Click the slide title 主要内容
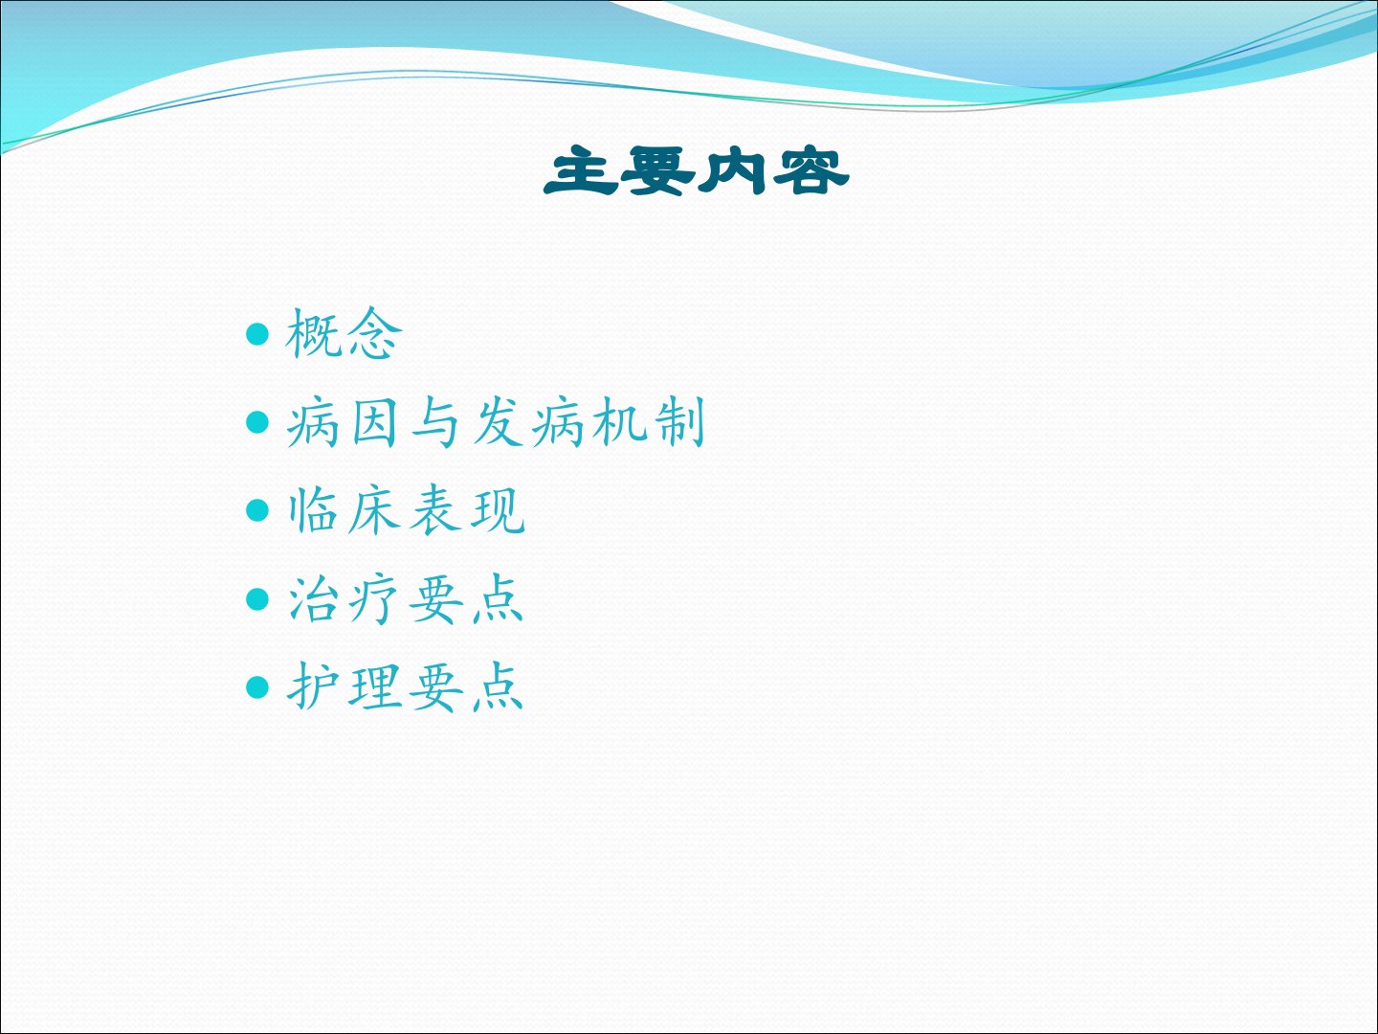(697, 170)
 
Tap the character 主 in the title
(580, 170)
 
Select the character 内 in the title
(731, 170)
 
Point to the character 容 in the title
(811, 170)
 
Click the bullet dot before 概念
(257, 334)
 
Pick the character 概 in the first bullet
(313, 334)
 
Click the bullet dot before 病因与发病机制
(257, 422)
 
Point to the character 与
(435, 422)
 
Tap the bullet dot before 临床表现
(257, 510)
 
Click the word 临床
(344, 510)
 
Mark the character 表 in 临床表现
(434, 511)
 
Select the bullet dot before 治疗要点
(257, 599)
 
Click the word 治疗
(344, 599)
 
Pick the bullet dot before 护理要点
(257, 687)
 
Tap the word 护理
(344, 686)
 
